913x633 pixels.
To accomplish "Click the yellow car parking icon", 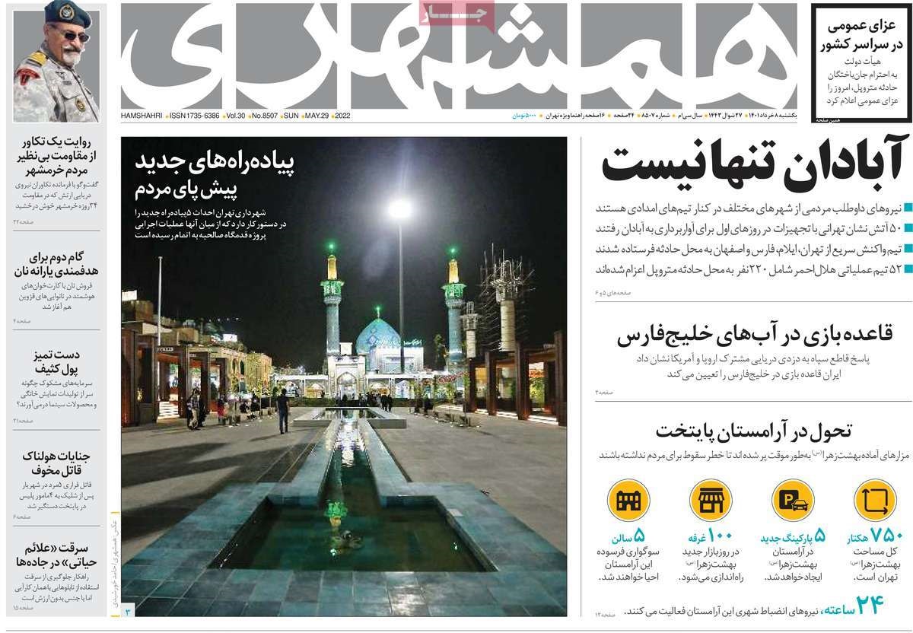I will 793,501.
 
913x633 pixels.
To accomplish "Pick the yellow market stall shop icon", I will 711,501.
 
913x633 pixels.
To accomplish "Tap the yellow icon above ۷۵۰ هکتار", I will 876,501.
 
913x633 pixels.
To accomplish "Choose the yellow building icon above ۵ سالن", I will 628,501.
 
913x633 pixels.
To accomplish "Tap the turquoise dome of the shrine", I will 378,334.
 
